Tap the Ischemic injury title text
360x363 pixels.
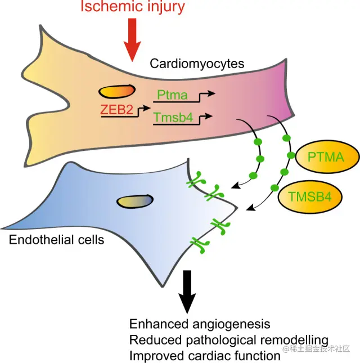pos(132,7)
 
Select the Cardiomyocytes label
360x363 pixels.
pos(197,64)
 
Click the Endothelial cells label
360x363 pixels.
pos(57,240)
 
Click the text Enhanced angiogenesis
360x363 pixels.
pos(200,325)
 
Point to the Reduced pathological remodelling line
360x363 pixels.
pos(229,340)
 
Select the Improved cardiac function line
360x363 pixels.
pos(205,356)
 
